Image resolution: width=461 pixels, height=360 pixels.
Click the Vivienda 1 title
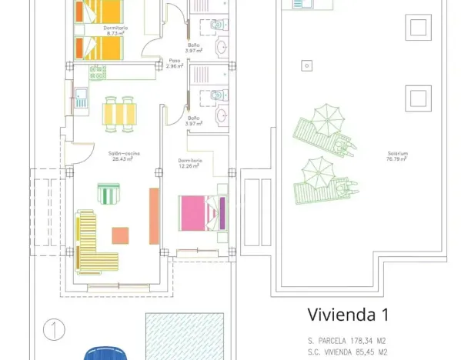click(x=348, y=315)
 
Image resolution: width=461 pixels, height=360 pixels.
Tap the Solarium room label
click(x=397, y=154)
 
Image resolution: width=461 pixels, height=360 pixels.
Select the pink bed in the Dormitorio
click(x=200, y=213)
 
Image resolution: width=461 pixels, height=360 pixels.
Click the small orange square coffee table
click(x=120, y=235)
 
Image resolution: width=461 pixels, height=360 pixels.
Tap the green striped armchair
click(x=108, y=193)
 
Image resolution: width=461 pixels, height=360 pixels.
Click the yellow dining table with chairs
click(x=122, y=114)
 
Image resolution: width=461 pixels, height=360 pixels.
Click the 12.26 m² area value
click(x=189, y=166)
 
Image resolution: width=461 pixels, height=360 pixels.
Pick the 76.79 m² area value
click(x=397, y=159)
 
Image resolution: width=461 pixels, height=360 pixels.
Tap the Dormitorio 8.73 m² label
click(x=115, y=31)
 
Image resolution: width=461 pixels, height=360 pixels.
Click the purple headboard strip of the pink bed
click(x=223, y=213)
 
